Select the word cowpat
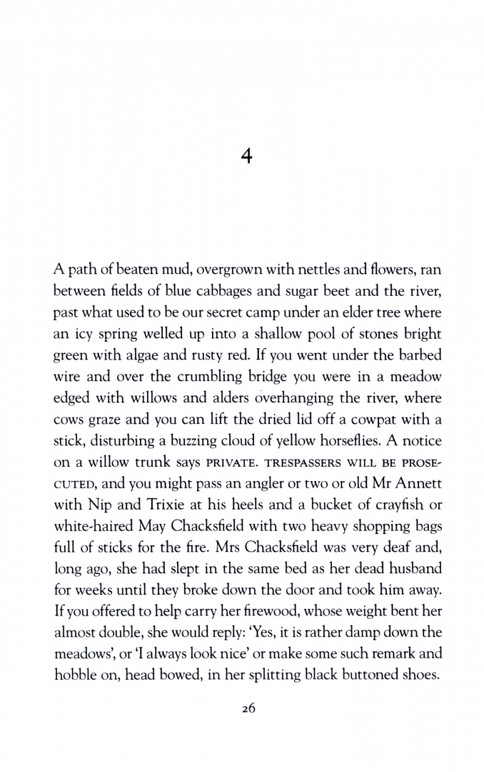383,416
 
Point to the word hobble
74,664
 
